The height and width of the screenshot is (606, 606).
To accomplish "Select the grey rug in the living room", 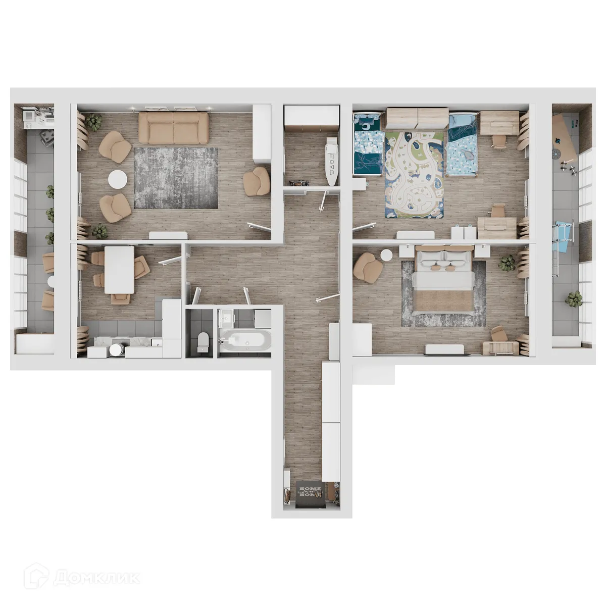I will click(176, 178).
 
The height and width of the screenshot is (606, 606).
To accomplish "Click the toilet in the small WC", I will click(202, 341).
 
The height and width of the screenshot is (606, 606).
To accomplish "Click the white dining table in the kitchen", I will click(119, 269).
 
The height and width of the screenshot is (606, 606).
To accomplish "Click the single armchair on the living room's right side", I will click(257, 181).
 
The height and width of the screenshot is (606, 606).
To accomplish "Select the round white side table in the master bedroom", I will click(387, 254).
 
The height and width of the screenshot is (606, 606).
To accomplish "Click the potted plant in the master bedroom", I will click(507, 263).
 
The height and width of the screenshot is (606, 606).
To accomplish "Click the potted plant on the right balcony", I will click(574, 299).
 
